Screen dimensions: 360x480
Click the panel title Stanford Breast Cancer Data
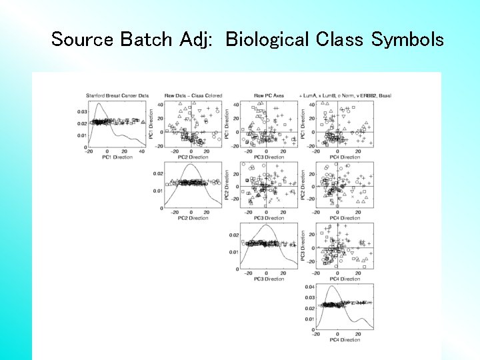point(116,96)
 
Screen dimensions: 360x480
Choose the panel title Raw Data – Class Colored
point(193,96)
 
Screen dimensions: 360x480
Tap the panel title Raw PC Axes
point(269,96)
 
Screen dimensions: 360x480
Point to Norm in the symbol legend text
point(351,96)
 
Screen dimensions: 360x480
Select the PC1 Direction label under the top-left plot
point(118,158)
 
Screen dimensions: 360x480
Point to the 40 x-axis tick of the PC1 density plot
point(141,152)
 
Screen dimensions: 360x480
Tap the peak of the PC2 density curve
point(191,165)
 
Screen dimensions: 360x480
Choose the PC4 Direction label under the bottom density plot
point(345,340)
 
